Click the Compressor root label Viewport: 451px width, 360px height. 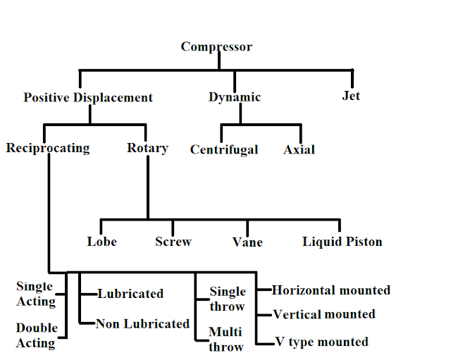tap(216, 47)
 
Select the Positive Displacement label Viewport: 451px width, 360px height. tap(88, 98)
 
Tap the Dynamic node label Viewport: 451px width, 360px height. tap(235, 97)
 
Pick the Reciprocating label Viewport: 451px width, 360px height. tap(48, 148)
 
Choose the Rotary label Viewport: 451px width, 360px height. tap(147, 148)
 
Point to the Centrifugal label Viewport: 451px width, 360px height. tap(224, 149)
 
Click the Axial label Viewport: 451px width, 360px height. tap(299, 149)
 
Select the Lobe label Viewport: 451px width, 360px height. tap(102, 242)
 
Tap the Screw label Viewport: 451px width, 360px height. tap(173, 242)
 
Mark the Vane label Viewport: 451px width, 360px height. tap(247, 242)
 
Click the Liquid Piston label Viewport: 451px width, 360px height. tap(342, 242)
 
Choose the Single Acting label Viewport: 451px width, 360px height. tap(35, 294)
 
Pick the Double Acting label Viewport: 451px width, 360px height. tap(35, 336)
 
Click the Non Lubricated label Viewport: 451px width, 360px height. tap(143, 323)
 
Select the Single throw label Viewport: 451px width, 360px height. tap(228, 299)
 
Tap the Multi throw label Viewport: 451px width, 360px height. tap(225, 339)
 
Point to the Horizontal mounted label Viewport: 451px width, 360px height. tap(330, 290)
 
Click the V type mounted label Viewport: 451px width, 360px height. tap(321, 342)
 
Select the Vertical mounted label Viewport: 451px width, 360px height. tap(323, 314)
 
